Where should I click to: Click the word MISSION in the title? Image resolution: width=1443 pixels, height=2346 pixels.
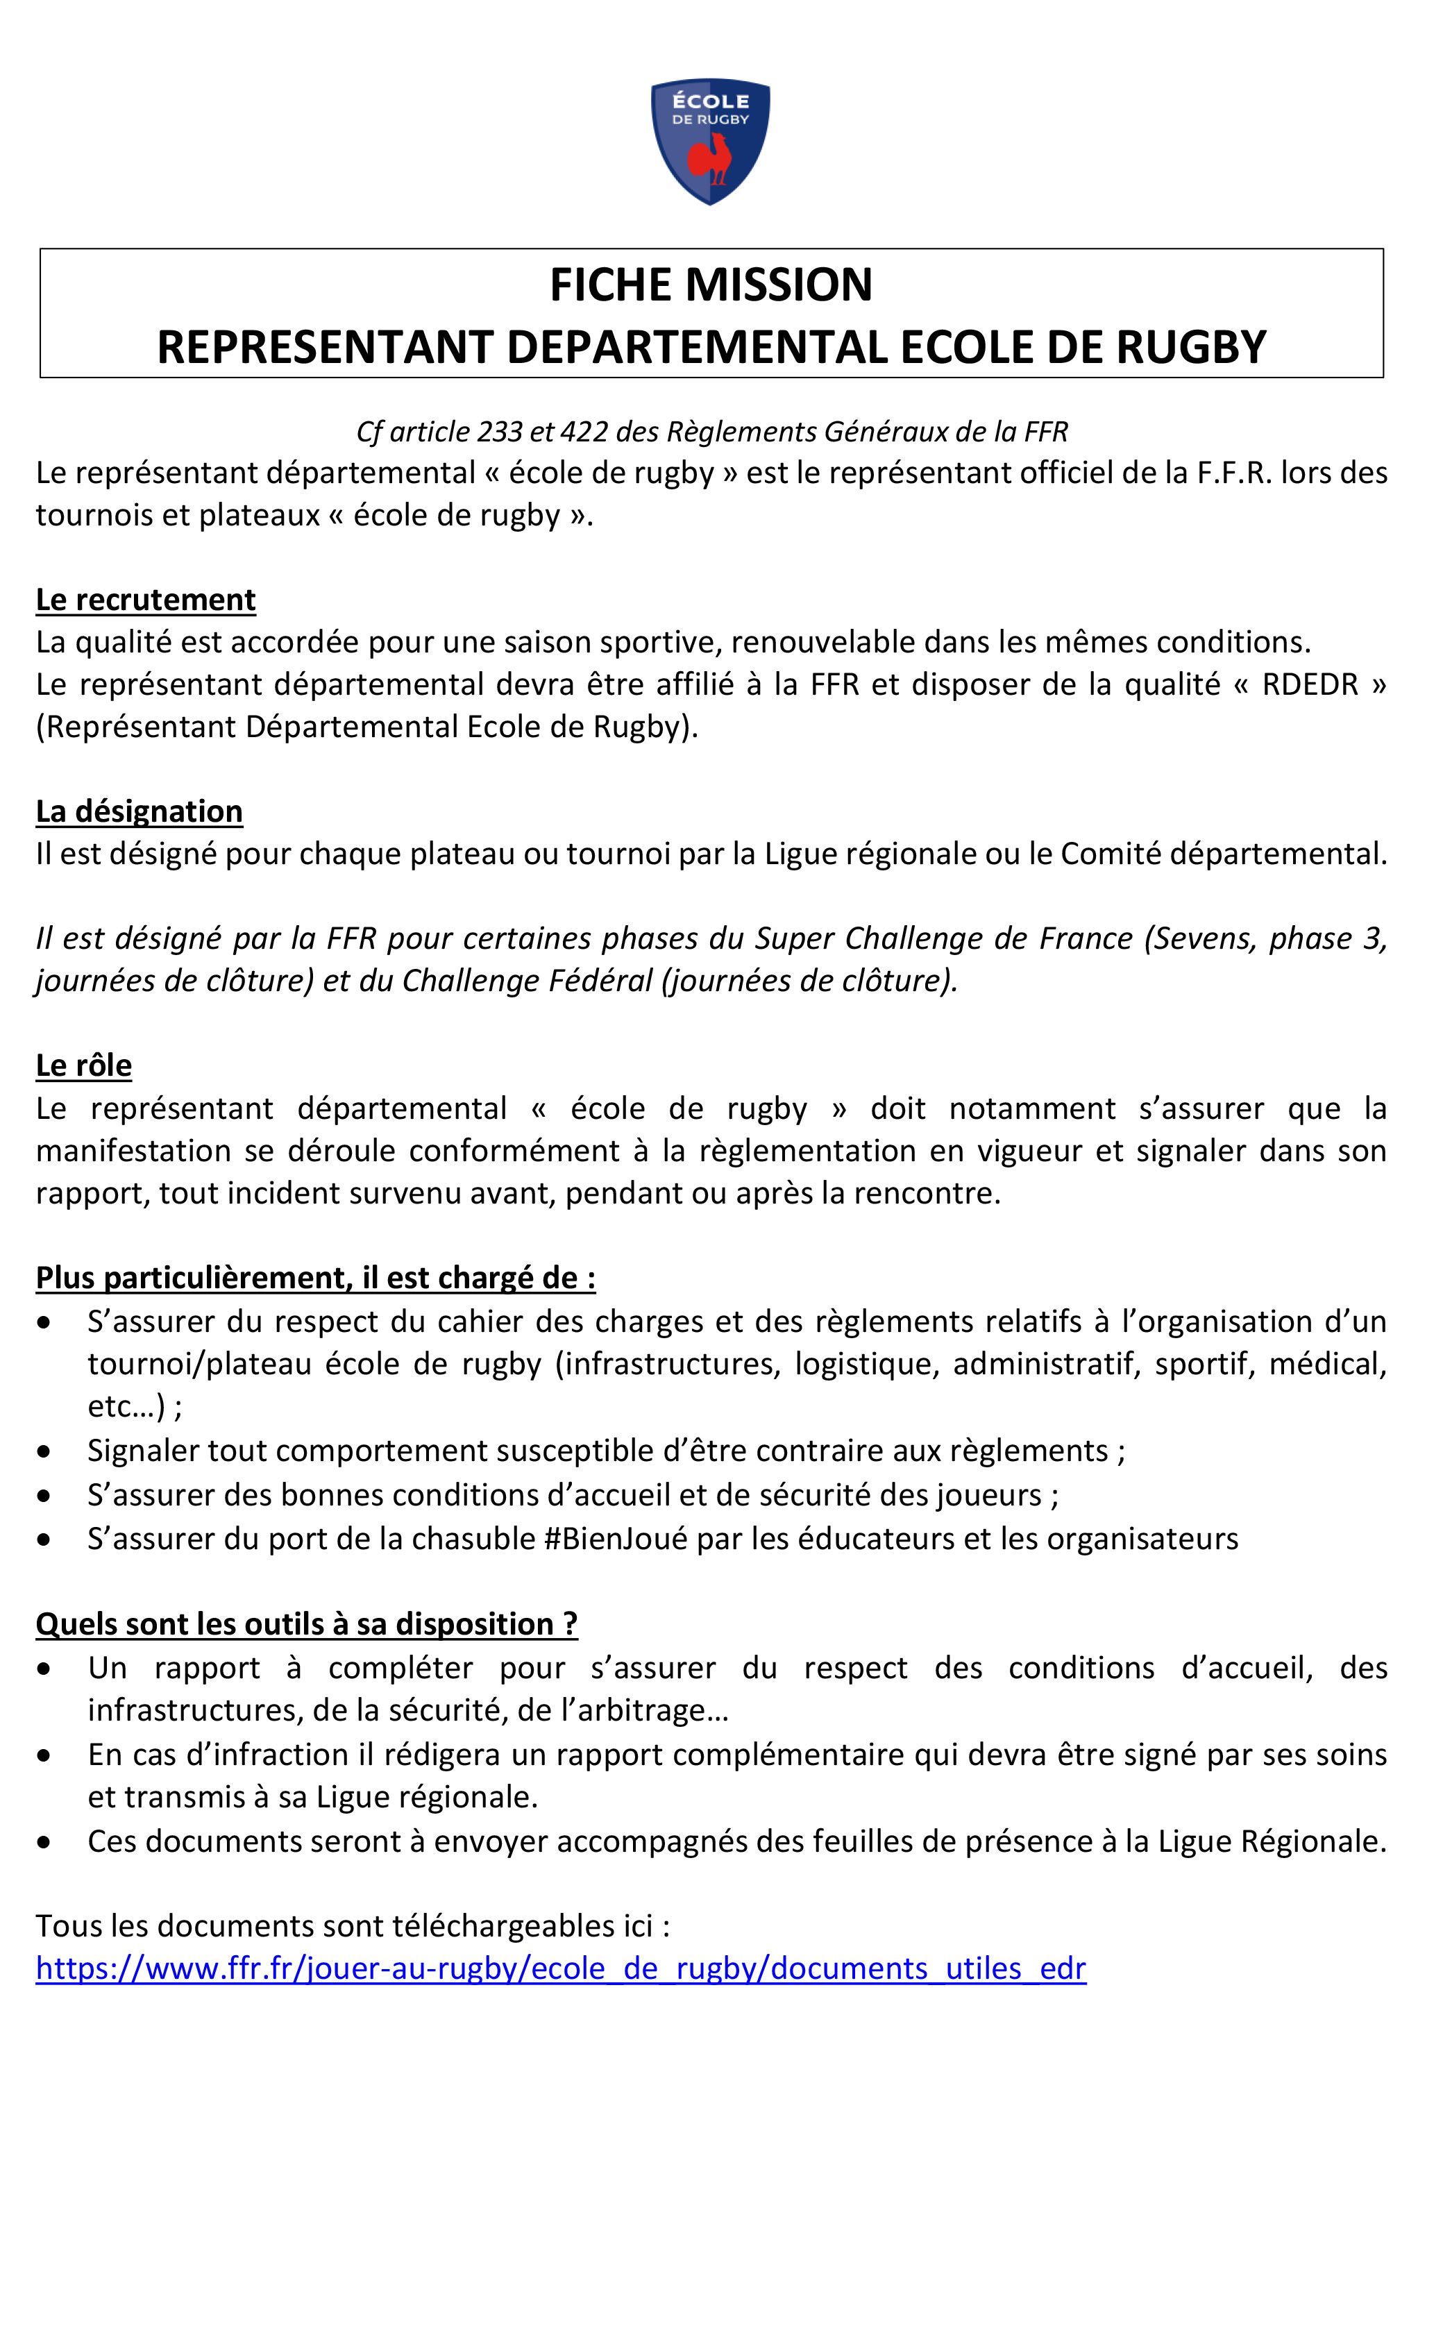tap(779, 285)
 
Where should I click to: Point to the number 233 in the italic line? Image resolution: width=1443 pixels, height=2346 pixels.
tap(499, 432)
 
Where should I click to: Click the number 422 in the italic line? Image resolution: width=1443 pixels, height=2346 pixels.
tap(584, 432)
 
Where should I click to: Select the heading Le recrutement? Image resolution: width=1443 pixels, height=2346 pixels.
tap(145, 600)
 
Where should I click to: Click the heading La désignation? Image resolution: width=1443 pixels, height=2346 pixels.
tap(140, 811)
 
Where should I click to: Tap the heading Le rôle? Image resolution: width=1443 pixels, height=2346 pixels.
tap(84, 1065)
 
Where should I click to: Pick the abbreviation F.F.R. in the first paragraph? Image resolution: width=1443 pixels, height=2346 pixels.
tap(1234, 473)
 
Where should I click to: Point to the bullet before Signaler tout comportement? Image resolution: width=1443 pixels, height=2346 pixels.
tap(44, 1452)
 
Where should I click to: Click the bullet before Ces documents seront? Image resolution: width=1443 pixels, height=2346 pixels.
tap(44, 1842)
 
